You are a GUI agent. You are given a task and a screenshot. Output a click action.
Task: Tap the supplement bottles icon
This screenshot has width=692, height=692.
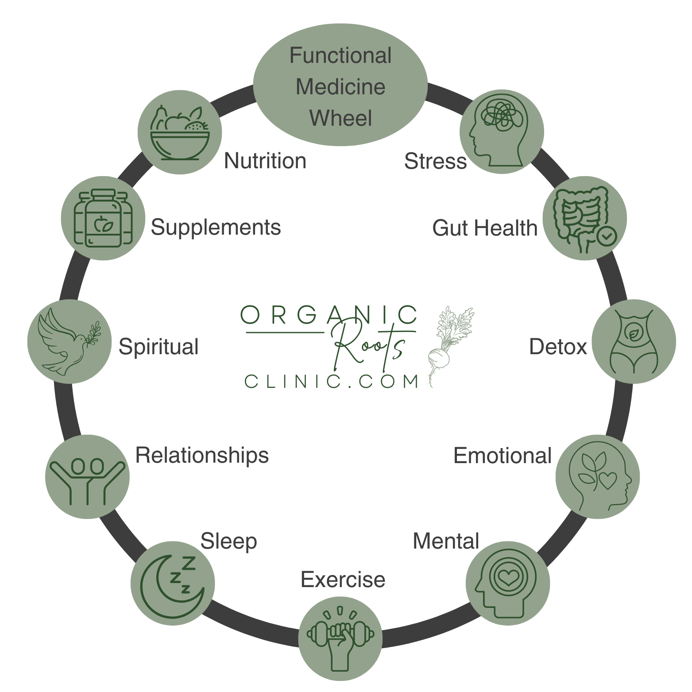click(103, 218)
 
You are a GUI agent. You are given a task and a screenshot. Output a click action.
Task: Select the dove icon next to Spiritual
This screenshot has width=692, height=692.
click(69, 341)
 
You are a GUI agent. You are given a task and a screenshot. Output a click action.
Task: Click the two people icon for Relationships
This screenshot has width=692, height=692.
click(88, 476)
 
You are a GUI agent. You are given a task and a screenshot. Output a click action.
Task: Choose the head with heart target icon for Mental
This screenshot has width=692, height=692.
click(507, 580)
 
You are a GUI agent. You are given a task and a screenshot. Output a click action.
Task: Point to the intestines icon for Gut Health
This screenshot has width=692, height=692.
click(584, 219)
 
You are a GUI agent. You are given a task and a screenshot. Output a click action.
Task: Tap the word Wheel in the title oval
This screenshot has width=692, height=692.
click(340, 118)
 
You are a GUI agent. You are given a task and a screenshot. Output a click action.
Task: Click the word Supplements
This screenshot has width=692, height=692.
click(216, 228)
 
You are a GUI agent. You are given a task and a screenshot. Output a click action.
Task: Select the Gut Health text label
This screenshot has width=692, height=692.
click(484, 228)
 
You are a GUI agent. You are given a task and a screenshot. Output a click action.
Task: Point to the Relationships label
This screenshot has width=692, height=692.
click(202, 455)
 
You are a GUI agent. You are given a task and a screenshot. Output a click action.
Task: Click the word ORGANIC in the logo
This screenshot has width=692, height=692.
click(328, 315)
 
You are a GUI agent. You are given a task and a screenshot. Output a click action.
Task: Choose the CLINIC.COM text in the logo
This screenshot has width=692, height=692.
click(332, 381)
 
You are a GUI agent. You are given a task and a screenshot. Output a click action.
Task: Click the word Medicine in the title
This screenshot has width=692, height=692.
click(340, 87)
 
